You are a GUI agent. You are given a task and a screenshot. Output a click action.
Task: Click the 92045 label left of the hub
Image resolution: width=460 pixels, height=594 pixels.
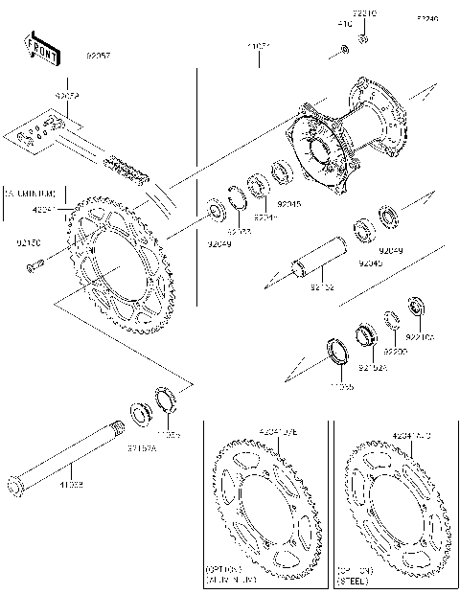tap(288, 204)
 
